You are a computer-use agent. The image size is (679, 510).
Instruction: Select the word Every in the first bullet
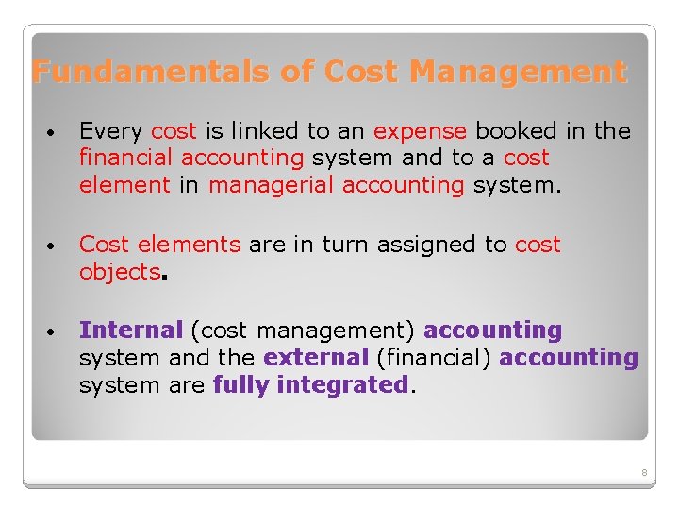[110, 131]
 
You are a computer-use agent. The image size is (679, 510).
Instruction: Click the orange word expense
[420, 131]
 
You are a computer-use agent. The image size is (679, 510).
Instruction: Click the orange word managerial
[271, 185]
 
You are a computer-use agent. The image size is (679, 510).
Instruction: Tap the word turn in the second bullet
[347, 245]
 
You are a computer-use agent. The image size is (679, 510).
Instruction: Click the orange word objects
[120, 272]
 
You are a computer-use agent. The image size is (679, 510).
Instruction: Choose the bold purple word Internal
[131, 331]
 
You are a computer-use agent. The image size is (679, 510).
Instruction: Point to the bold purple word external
[316, 358]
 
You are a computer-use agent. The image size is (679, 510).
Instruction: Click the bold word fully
[241, 385]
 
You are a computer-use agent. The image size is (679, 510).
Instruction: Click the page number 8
[644, 472]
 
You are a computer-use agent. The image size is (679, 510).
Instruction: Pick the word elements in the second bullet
[189, 245]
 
